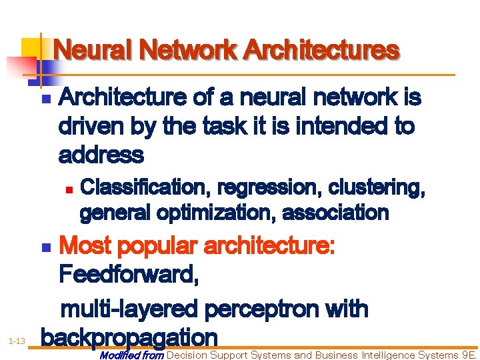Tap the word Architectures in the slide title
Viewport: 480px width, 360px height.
point(321,50)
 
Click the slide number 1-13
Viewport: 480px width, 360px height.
point(17,341)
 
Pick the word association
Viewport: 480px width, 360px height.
point(335,213)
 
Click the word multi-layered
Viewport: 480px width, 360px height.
point(131,309)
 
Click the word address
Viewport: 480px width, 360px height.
point(101,155)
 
